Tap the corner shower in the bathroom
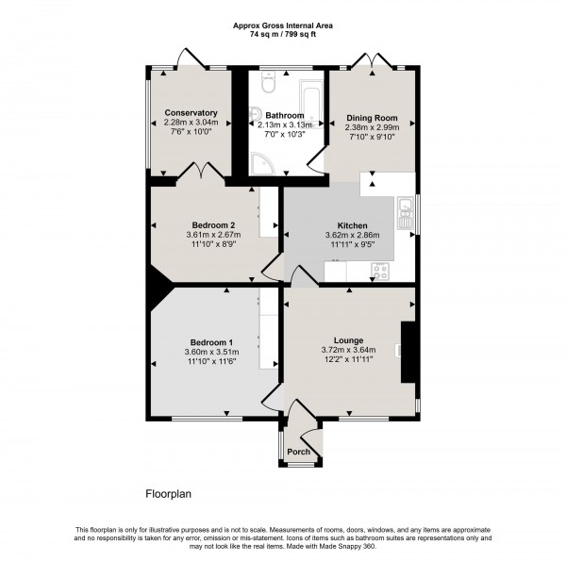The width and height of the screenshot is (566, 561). [x=260, y=166]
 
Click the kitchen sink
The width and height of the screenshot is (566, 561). [x=404, y=214]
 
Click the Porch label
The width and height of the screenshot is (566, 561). [x=299, y=452]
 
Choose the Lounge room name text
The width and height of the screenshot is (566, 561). [x=348, y=339]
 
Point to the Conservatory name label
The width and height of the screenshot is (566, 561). [x=191, y=112]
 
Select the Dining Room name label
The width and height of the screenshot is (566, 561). [x=371, y=117]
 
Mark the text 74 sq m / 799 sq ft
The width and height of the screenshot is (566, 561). [x=283, y=33]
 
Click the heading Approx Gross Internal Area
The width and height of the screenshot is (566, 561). [x=283, y=24]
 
